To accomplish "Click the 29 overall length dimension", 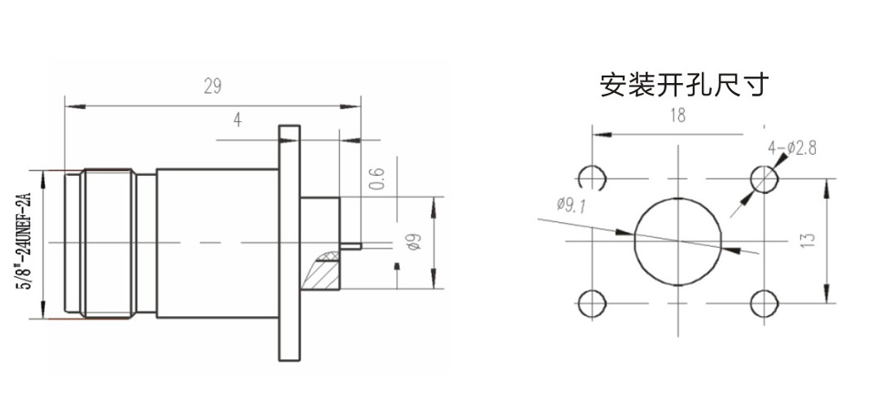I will click(212, 86).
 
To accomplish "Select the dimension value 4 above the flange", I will click(237, 119).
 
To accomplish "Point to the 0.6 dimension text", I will click(376, 179).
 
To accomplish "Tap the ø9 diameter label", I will click(408, 244).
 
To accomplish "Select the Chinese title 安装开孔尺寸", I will click(684, 85).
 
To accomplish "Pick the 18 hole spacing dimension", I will click(678, 115).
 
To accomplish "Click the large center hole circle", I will click(678, 241).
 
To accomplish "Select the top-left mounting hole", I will click(590, 179).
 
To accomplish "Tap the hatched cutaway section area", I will click(321, 271).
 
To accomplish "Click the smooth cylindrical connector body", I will click(217, 242).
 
